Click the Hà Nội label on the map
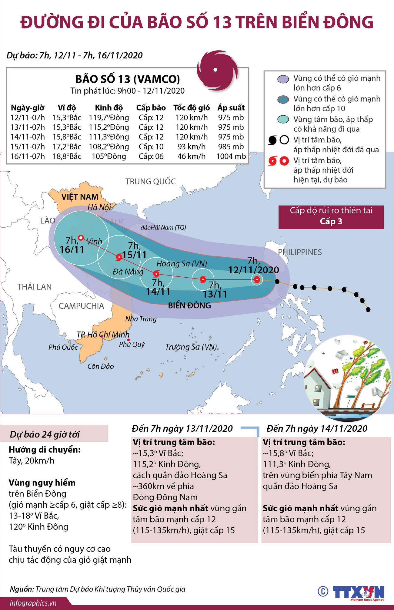click(99, 207)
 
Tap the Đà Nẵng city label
click(128, 272)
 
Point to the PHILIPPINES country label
click(300, 252)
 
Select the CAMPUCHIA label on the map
click(81, 306)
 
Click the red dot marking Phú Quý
click(129, 340)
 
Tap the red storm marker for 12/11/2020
click(257, 279)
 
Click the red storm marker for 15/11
click(119, 257)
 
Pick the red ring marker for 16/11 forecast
click(81, 238)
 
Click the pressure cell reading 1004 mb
click(231, 157)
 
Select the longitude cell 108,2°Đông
click(109, 147)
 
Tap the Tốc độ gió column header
click(191, 108)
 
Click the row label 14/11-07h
click(28, 137)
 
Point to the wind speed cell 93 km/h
click(191, 147)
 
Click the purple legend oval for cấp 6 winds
click(283, 79)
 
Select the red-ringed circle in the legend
click(284, 161)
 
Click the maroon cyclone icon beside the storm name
click(216, 70)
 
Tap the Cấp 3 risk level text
click(331, 221)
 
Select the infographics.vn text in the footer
click(33, 603)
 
